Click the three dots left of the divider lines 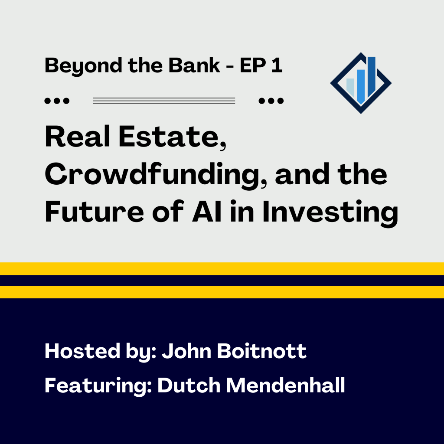tap(57, 101)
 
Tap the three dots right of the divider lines tap(271, 101)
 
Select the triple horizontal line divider tap(164, 101)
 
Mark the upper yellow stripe tap(222, 269)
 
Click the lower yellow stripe tap(222, 292)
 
